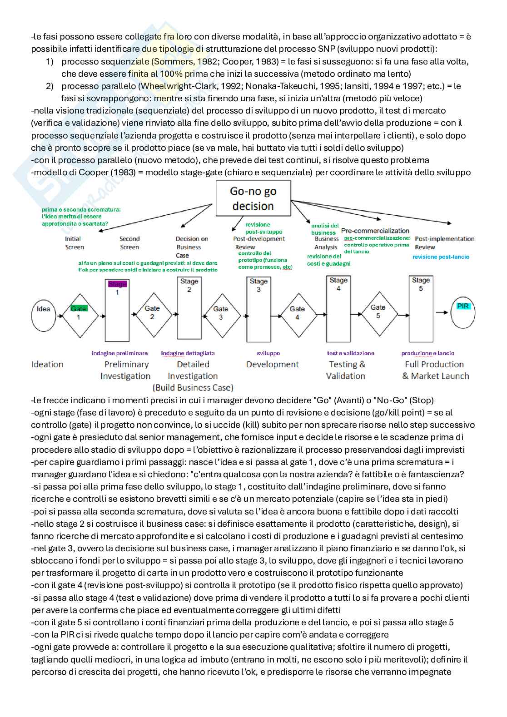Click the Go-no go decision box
[x=253, y=198]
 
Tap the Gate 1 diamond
[x=79, y=313]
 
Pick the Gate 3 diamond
[x=221, y=313]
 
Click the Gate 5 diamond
[x=378, y=312]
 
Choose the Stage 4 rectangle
[x=338, y=309]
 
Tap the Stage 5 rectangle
[x=421, y=309]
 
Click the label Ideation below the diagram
[x=47, y=364]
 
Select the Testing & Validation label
[x=346, y=370]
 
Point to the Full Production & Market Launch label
[x=435, y=370]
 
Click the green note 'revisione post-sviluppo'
[x=263, y=228]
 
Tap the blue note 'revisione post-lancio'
[x=441, y=257]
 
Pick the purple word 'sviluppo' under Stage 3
[x=268, y=353]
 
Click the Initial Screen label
[x=74, y=243]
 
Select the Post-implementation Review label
[x=444, y=243]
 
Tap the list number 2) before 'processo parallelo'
[x=50, y=86]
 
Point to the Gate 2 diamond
[x=152, y=313]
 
